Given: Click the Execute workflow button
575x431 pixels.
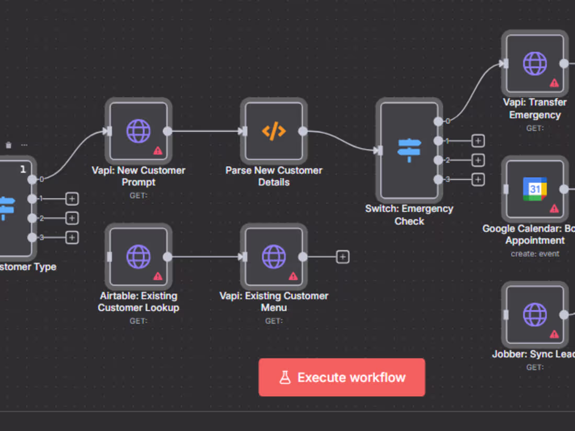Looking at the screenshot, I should click(x=342, y=377).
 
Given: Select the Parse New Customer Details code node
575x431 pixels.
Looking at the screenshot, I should click(x=274, y=131).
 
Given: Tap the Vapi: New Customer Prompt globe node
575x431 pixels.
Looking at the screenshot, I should click(x=139, y=131).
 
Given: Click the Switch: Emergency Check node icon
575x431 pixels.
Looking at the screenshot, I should click(x=409, y=150).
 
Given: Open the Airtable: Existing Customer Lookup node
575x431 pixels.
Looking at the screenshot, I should click(x=139, y=257).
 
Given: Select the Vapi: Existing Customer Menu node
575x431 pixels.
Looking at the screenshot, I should click(x=274, y=257).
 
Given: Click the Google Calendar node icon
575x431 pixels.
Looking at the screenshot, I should click(x=535, y=189).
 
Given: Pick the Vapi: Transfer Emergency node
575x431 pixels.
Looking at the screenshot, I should click(x=535, y=63).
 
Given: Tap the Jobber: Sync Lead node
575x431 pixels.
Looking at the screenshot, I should click(x=535, y=314).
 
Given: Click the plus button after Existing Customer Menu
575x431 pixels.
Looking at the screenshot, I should click(x=342, y=257).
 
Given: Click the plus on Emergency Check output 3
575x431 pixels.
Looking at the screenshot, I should click(x=478, y=180).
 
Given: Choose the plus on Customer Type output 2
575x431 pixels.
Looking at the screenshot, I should click(x=72, y=218).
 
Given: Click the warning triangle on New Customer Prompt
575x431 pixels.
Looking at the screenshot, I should click(x=157, y=151).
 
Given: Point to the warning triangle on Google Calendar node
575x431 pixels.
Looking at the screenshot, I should click(x=554, y=208).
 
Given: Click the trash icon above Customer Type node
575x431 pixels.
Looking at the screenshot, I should click(x=8, y=145).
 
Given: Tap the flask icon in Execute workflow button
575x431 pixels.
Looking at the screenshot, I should click(x=285, y=377).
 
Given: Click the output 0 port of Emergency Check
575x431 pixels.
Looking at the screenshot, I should click(x=438, y=121).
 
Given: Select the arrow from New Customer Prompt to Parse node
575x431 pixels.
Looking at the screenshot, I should click(x=206, y=131).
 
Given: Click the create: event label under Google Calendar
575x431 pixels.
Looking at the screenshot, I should click(x=535, y=254).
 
